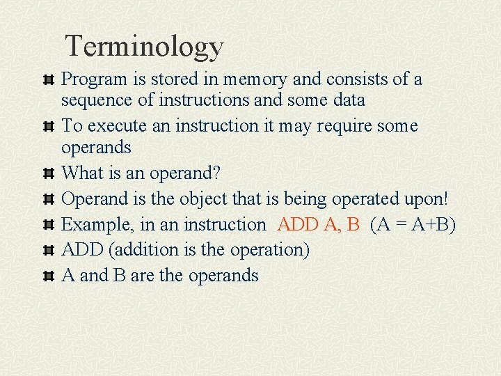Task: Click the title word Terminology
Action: [x=144, y=47]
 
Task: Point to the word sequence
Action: [x=97, y=100]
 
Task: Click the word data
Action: [x=349, y=100]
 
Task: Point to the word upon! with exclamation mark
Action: [x=429, y=199]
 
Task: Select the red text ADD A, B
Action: [x=319, y=225]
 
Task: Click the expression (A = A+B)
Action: [x=413, y=225]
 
